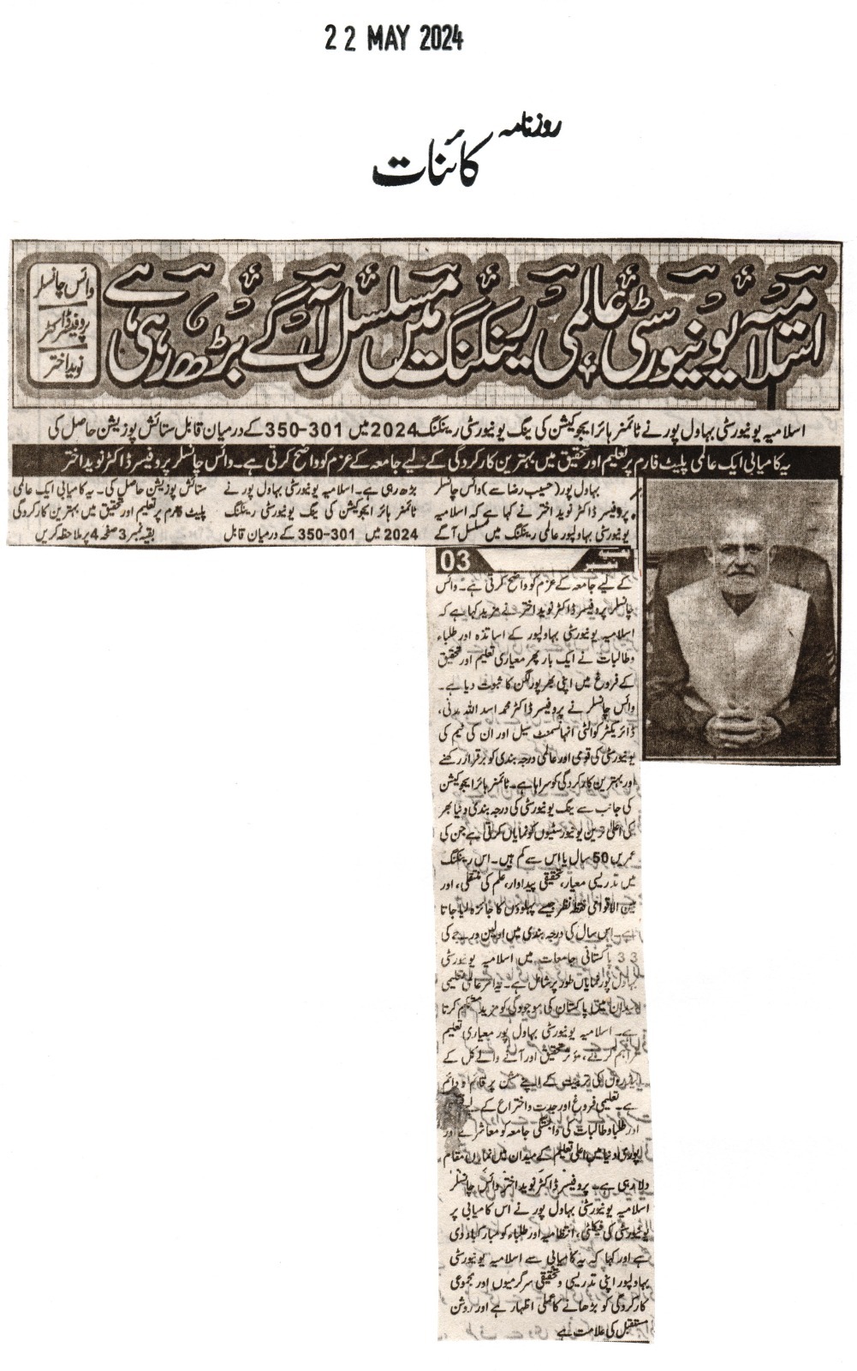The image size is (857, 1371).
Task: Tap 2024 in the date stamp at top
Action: tap(441, 39)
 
